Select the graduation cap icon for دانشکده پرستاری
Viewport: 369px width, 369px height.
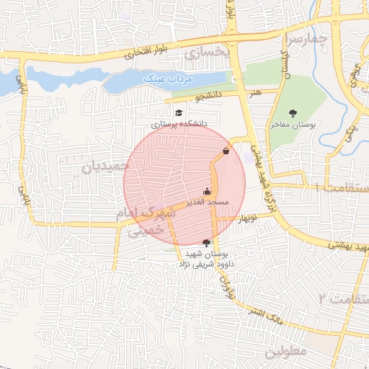point(179,112)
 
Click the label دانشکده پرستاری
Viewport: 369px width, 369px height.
point(179,123)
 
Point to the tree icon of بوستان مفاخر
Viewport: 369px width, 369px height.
point(293,112)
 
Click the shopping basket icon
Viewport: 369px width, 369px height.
point(226,151)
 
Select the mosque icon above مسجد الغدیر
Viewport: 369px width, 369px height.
point(208,191)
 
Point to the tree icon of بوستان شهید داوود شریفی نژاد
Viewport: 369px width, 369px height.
point(208,243)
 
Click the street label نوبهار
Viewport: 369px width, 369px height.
point(249,217)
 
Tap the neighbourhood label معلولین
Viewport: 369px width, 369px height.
point(285,352)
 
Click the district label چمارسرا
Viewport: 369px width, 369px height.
point(308,36)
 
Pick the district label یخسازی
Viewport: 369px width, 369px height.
point(207,52)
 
